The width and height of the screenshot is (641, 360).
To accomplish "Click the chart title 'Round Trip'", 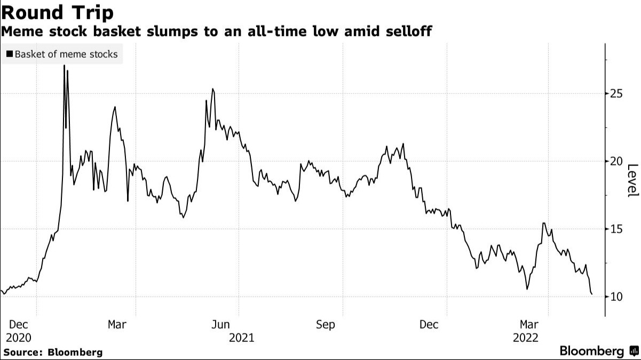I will [x=58, y=12].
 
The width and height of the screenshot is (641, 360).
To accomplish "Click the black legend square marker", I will [x=10, y=54].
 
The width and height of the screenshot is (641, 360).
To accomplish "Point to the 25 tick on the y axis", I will [x=616, y=94].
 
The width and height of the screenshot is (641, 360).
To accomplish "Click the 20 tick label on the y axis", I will [x=616, y=161].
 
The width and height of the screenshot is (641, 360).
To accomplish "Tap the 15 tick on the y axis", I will [x=616, y=229].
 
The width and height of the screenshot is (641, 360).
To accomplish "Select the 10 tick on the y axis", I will [x=616, y=297].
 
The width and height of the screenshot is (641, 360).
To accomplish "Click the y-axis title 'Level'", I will [x=632, y=180].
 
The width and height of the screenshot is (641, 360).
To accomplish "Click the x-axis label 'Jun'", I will [x=221, y=324].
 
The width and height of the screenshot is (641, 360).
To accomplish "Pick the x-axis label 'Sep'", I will [x=325, y=324].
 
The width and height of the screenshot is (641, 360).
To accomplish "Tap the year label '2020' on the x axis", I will [x=18, y=338].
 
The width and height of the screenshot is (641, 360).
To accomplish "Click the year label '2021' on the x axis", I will [x=241, y=338].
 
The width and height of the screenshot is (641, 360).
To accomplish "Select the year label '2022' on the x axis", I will [x=526, y=338].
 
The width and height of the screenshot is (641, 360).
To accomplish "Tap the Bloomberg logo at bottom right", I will [x=598, y=351].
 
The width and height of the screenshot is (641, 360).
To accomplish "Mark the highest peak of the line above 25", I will [x=65, y=66].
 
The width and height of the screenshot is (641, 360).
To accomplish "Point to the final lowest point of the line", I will [x=591, y=294].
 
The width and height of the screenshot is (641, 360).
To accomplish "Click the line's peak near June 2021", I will [x=213, y=89].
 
